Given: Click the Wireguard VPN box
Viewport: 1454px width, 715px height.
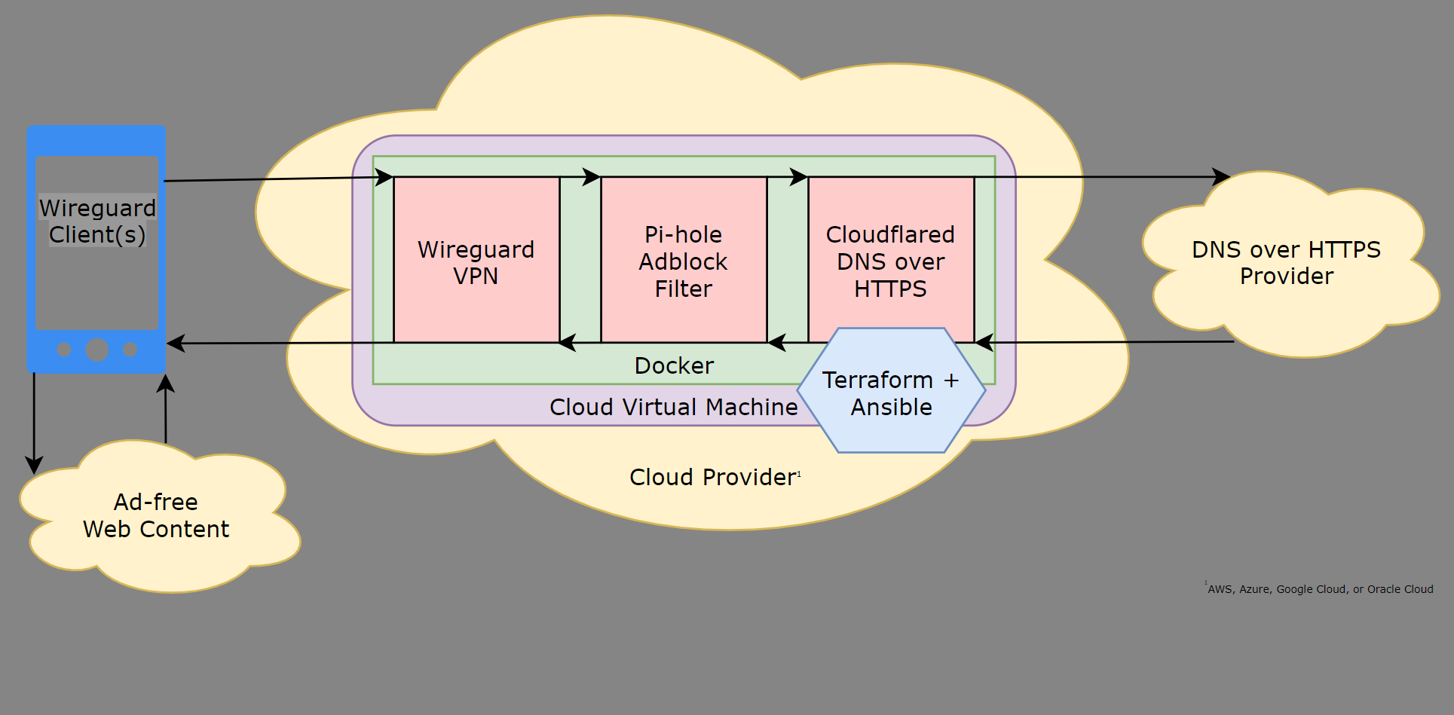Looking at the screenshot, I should coord(476,261).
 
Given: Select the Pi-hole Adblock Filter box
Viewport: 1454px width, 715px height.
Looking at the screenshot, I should coord(683,261).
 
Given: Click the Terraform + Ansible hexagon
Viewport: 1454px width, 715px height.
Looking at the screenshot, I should coord(891,392).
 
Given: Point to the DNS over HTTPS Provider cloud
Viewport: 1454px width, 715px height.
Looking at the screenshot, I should coord(1286,263).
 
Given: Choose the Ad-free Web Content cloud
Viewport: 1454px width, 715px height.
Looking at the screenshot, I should coord(156,515).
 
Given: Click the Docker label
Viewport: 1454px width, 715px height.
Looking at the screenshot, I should coord(674,365).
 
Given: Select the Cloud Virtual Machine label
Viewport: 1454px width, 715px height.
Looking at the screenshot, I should coord(673,407).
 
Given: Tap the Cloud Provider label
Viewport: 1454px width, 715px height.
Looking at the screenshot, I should coord(712,477).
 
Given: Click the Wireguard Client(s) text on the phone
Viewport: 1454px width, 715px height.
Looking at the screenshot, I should coord(97,221).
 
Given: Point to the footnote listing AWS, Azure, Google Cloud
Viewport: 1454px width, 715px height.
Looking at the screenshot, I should coord(1320,589).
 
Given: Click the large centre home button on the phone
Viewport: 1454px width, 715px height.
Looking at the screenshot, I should coord(97,350).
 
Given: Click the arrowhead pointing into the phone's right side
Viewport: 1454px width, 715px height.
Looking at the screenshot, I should coord(175,344).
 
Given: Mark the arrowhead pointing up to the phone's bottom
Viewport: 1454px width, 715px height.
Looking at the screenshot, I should coord(166,383).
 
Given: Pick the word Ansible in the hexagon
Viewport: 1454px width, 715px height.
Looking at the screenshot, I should coord(891,407).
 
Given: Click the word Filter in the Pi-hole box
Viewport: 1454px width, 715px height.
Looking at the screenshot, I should coord(683,289).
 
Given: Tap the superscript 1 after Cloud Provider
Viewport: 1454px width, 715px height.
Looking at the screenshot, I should coord(799,474).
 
